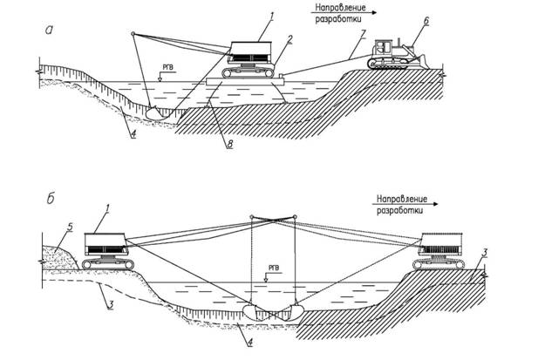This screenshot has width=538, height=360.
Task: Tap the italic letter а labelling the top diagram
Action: (x=51, y=30)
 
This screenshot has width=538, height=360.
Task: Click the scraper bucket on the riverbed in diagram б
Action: (x=272, y=309)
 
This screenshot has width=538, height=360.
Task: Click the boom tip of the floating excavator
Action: (x=133, y=33)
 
